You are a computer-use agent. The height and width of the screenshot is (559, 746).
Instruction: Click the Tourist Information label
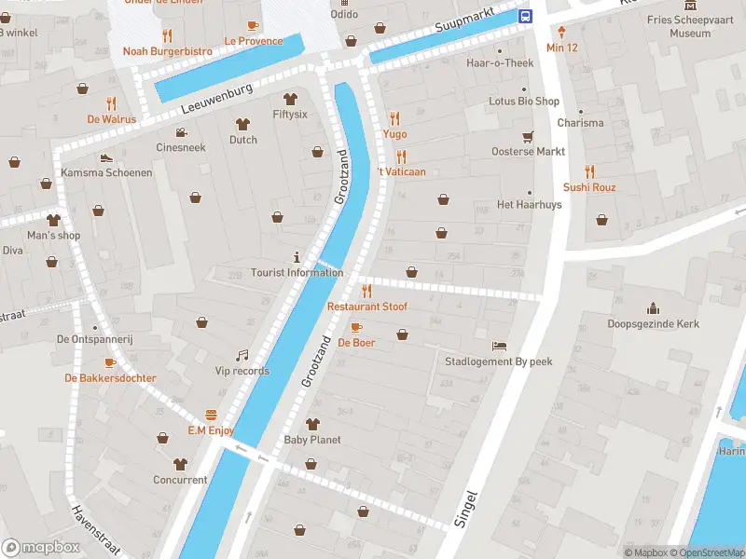[297, 273]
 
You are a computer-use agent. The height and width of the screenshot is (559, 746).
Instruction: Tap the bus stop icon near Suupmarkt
[525, 16]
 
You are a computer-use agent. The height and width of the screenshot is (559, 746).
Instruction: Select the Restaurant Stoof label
[366, 307]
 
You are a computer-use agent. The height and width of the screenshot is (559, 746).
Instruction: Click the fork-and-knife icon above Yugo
[394, 118]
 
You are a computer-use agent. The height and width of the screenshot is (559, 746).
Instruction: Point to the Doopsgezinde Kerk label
[653, 324]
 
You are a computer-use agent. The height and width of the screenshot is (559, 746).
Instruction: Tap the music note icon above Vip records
[242, 355]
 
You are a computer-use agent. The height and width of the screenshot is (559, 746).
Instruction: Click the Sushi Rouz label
[589, 187]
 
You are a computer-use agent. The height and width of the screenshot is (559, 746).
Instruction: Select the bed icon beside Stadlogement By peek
[500, 346]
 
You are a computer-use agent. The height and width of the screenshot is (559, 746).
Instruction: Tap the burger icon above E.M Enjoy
[211, 415]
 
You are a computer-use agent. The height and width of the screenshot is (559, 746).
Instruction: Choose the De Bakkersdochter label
[110, 378]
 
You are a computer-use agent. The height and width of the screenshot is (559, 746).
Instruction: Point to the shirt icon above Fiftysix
[289, 98]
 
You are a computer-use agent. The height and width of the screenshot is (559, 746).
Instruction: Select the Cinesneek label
[181, 147]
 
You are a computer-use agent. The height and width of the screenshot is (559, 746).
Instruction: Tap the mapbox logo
[41, 548]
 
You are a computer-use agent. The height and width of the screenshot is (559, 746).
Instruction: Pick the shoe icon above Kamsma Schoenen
[106, 157]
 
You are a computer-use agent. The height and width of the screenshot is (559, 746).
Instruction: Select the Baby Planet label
[312, 440]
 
